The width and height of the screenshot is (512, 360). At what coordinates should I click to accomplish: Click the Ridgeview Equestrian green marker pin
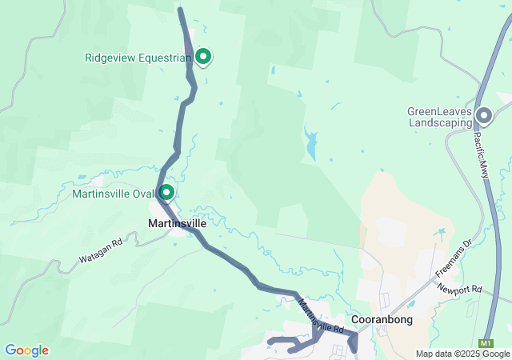point(203,56)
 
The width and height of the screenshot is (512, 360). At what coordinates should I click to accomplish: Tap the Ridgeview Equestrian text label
point(138,58)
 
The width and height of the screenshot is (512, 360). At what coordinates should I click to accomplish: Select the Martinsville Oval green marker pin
point(166,192)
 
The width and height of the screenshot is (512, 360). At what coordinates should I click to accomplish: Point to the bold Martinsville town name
point(178,223)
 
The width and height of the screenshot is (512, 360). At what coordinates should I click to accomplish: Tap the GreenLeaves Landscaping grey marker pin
point(484,116)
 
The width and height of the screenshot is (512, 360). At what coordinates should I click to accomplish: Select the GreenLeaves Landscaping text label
point(440,118)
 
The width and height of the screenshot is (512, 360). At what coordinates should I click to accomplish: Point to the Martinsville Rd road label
point(322,315)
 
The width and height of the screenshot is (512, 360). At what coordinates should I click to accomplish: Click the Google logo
point(26,350)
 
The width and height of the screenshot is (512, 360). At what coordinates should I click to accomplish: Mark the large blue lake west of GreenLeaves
point(310,145)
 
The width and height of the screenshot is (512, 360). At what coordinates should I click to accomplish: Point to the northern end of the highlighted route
point(180,10)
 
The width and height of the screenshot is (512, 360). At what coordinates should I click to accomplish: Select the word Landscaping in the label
point(440,123)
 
